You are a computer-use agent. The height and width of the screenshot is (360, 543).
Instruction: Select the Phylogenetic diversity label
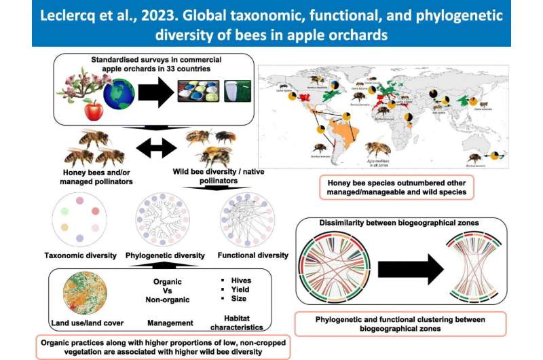click(x=165, y=255)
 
